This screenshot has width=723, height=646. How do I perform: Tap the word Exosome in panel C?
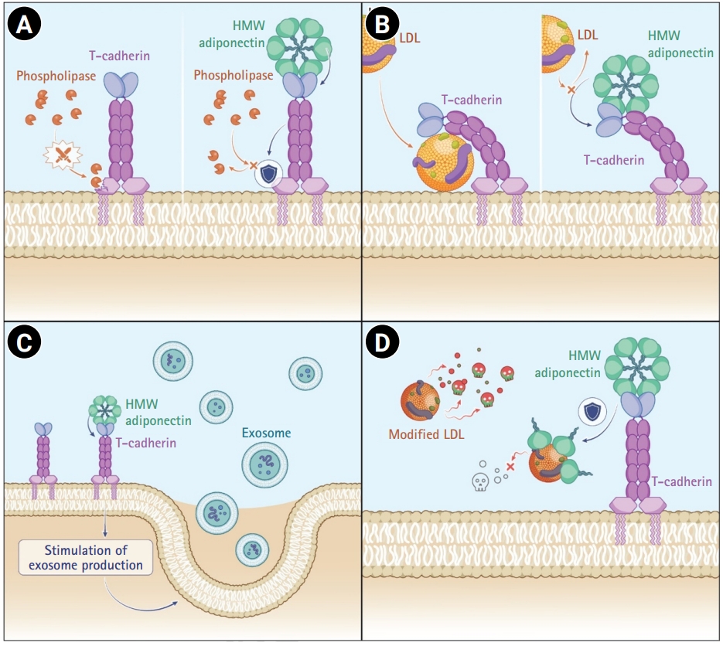point(266,433)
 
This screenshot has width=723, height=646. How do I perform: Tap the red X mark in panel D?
point(511,467)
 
